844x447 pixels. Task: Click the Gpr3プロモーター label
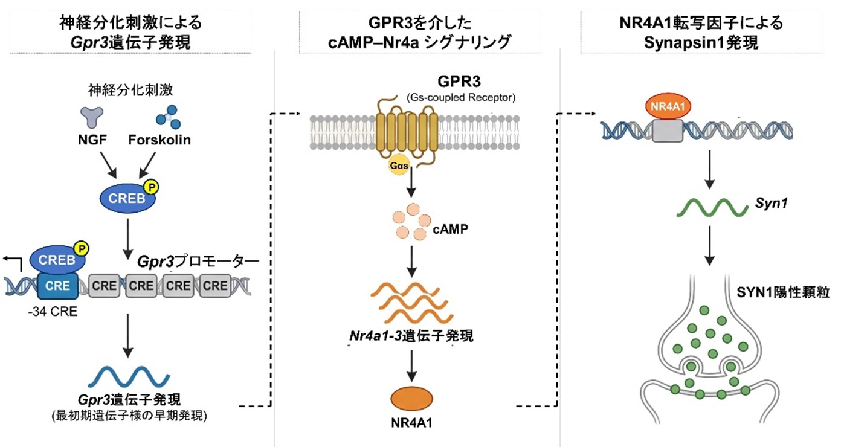coord(198,263)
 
